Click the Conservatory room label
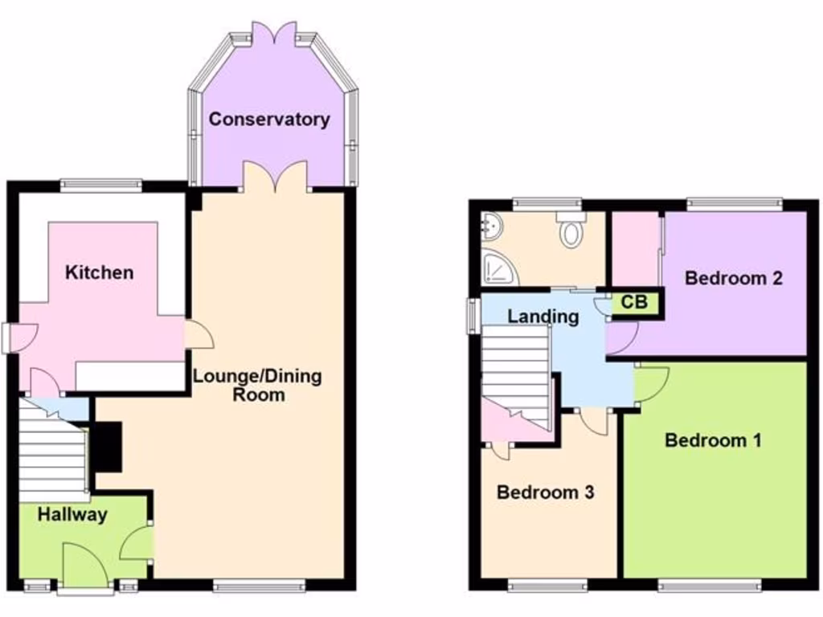[x=269, y=120]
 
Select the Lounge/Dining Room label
[x=256, y=385]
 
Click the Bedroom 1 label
[x=713, y=440]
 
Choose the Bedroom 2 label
[x=733, y=279]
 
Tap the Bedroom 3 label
[x=545, y=492]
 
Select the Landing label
[x=543, y=316]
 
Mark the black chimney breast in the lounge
[x=108, y=447]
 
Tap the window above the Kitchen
[x=100, y=185]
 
